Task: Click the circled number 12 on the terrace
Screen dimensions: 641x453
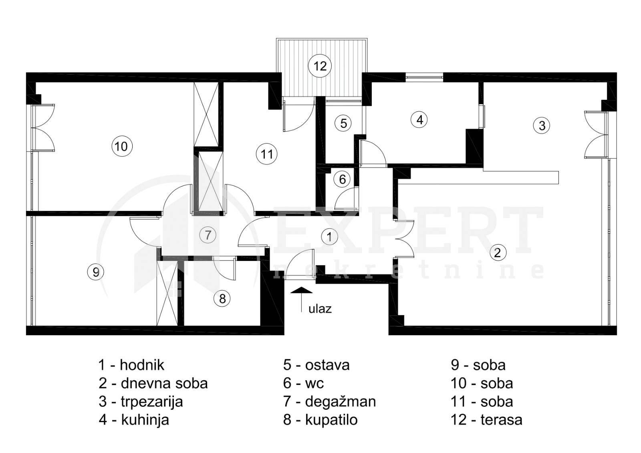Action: [x=320, y=66]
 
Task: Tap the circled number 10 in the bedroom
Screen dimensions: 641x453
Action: [x=122, y=146]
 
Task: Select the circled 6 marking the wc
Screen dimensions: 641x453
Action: [x=343, y=179]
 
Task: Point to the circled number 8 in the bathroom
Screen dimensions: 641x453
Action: [x=222, y=299]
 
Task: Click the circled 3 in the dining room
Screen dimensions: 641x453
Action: [x=542, y=125]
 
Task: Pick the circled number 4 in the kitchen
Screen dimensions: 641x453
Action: [x=419, y=119]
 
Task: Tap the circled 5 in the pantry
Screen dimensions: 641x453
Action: [x=343, y=123]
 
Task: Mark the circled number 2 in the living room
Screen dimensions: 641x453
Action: [x=498, y=253]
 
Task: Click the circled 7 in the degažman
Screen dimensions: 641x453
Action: [x=208, y=235]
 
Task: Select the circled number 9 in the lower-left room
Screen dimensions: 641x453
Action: [x=96, y=272]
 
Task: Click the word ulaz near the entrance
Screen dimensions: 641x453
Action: [x=320, y=309]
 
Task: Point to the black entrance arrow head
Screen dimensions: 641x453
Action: [x=301, y=290]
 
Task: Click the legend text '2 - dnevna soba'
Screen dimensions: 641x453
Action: [x=153, y=384]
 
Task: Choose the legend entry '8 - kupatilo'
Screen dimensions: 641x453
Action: [x=320, y=420]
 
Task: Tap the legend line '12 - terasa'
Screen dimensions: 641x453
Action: [x=486, y=420]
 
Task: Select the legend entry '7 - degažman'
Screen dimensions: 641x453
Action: [x=329, y=402]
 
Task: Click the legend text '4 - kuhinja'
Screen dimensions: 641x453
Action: [x=134, y=421]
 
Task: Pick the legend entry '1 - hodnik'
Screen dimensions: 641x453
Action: [x=131, y=365]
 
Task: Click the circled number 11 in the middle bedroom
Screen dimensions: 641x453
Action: [x=267, y=154]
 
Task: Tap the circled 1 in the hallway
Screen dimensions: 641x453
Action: [x=329, y=237]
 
